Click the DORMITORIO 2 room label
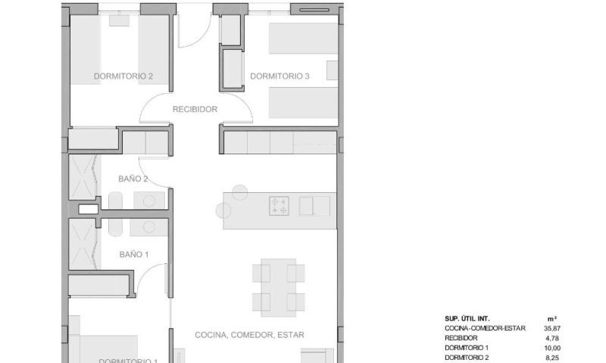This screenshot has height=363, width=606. pyautogui.click(x=123, y=76)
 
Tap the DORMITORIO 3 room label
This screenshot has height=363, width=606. pyautogui.click(x=280, y=76)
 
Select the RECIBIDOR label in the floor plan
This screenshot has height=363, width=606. pyautogui.click(x=195, y=110)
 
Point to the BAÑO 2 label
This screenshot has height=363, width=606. pyautogui.click(x=133, y=179)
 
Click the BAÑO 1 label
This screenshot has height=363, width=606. pyautogui.click(x=134, y=255)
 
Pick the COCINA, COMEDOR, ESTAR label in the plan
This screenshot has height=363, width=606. pyautogui.click(x=255, y=334)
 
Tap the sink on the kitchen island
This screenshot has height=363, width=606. pyautogui.click(x=314, y=206)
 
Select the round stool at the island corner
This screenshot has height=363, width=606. pyautogui.click(x=240, y=192)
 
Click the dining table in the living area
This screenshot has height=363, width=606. pyautogui.click(x=279, y=287)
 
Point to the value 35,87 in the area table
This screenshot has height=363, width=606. pyautogui.click(x=552, y=328)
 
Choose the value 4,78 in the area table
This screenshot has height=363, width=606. pyautogui.click(x=552, y=338)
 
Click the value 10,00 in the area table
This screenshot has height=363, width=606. pyautogui.click(x=552, y=348)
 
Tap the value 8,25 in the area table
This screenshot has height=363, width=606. pyautogui.click(x=552, y=357)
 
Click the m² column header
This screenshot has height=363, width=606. pyautogui.click(x=551, y=318)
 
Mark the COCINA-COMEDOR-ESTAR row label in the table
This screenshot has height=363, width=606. pyautogui.click(x=483, y=328)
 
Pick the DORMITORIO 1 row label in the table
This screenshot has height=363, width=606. pyautogui.click(x=467, y=348)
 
